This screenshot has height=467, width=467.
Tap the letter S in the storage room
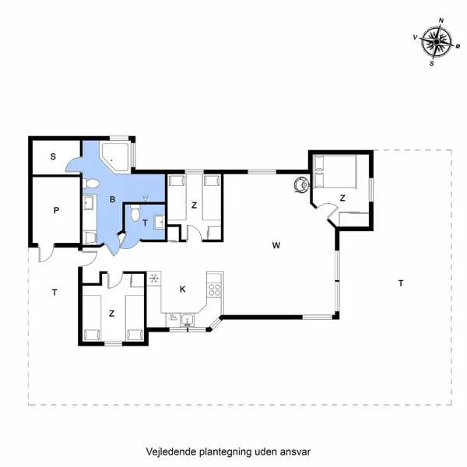pos(53,156)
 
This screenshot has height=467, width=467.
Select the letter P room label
pos(56,210)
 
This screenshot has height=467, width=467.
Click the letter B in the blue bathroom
pos(113,200)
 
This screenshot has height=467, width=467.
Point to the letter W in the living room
pos(276,245)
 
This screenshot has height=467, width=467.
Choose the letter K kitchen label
pos(183,289)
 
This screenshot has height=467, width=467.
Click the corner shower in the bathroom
pos(118,156)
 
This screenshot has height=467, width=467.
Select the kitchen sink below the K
pos(187,318)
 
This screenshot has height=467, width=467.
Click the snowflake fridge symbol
pos(153,278)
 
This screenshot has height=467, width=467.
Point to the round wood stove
pos(300,184)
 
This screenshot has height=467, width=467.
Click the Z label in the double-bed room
pos(342,198)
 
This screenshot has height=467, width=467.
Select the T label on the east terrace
pos(400,283)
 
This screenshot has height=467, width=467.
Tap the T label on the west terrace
pos(54,293)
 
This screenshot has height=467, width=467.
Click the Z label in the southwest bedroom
pos(112,314)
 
